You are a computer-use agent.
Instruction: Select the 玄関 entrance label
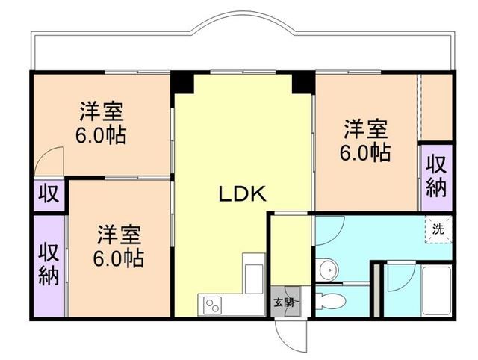point(283,302)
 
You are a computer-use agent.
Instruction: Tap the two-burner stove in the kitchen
point(213,305)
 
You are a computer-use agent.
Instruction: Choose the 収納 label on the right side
point(437,175)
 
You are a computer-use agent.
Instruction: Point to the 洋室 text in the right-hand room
point(366,129)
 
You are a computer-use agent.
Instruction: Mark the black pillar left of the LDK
point(181,81)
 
